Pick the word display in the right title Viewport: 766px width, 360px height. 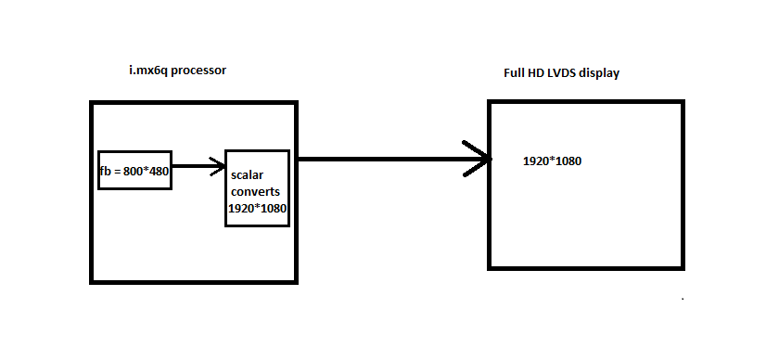tap(598, 74)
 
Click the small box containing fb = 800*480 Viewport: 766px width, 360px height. tap(135, 170)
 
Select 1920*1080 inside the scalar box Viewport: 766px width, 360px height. tap(257, 209)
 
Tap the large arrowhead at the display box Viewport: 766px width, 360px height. tap(480, 159)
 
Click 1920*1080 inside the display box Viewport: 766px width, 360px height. tap(552, 161)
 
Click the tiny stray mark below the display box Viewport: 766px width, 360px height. tap(683, 300)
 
